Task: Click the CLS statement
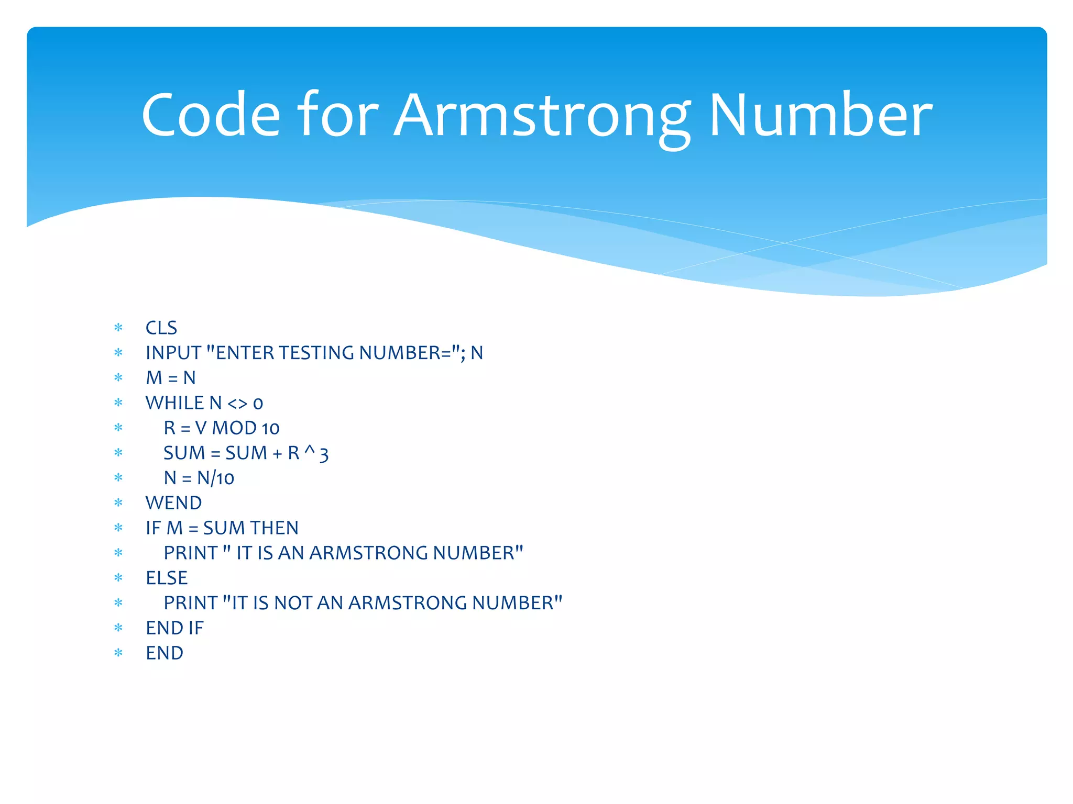pyautogui.click(x=161, y=328)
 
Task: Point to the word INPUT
pyautogui.click(x=173, y=353)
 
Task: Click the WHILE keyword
pyautogui.click(x=175, y=403)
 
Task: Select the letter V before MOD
pyautogui.click(x=201, y=428)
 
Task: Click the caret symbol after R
pyautogui.click(x=310, y=450)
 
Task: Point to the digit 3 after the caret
pyautogui.click(x=324, y=454)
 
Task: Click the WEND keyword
pyautogui.click(x=173, y=503)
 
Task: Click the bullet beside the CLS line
pyautogui.click(x=118, y=328)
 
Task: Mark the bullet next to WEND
pyautogui.click(x=118, y=503)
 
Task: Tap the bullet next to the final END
pyautogui.click(x=118, y=653)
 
